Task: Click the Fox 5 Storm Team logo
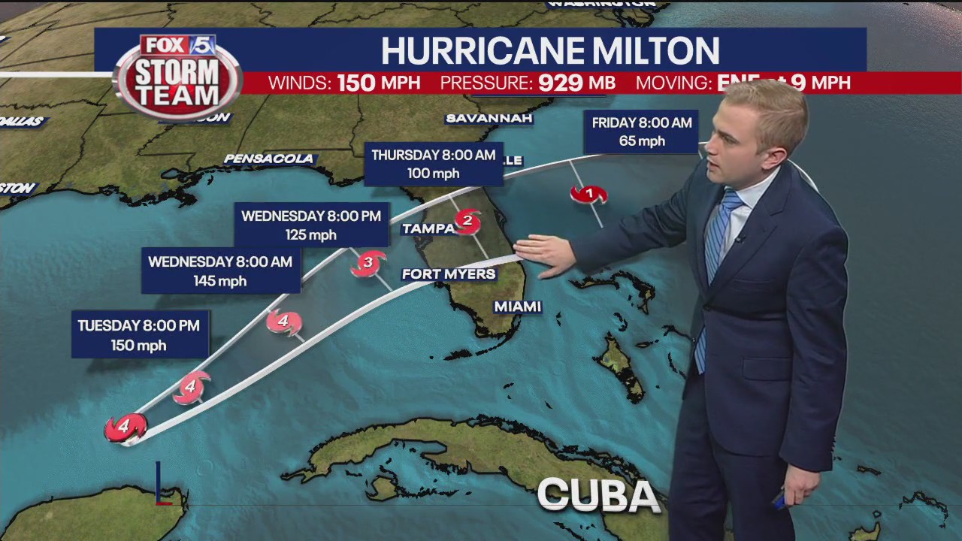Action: (x=178, y=77)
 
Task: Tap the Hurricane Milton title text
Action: (x=549, y=50)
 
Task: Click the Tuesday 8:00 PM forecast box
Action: (x=140, y=334)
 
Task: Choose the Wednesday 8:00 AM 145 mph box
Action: (x=220, y=270)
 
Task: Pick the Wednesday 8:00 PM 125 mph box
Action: (x=311, y=225)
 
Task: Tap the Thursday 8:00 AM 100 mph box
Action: (x=434, y=164)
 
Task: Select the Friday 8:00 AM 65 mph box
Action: (x=642, y=131)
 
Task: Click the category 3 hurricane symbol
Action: (x=368, y=263)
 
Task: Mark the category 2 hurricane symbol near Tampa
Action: (x=467, y=221)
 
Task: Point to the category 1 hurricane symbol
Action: (x=588, y=195)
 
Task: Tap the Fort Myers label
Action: (x=449, y=274)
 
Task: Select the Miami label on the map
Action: (x=518, y=307)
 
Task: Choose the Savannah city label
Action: (x=489, y=119)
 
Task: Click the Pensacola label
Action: (x=269, y=159)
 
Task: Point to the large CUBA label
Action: (x=598, y=495)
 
